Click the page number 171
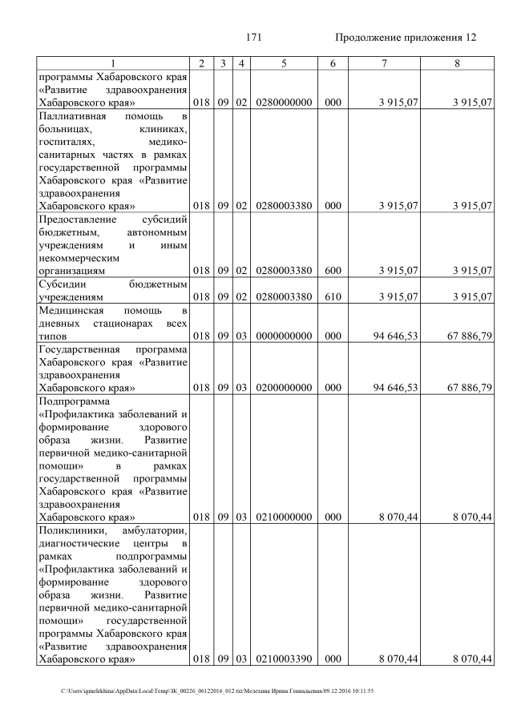256,37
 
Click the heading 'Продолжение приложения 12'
406,37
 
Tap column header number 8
456,62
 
